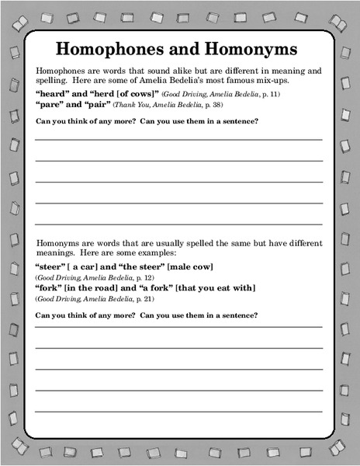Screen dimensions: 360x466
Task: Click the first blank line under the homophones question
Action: click(178, 139)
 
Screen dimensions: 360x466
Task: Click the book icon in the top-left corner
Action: click(15, 13)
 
